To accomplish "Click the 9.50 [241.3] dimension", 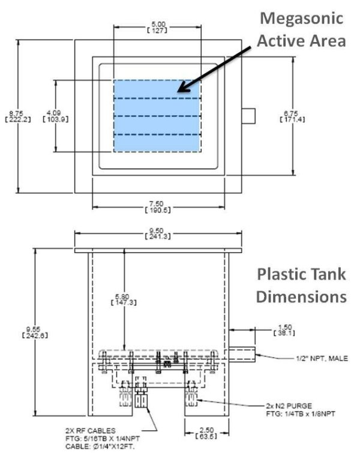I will [x=158, y=233].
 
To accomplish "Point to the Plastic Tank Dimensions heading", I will [x=301, y=285].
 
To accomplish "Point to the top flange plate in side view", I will [x=158, y=248].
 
